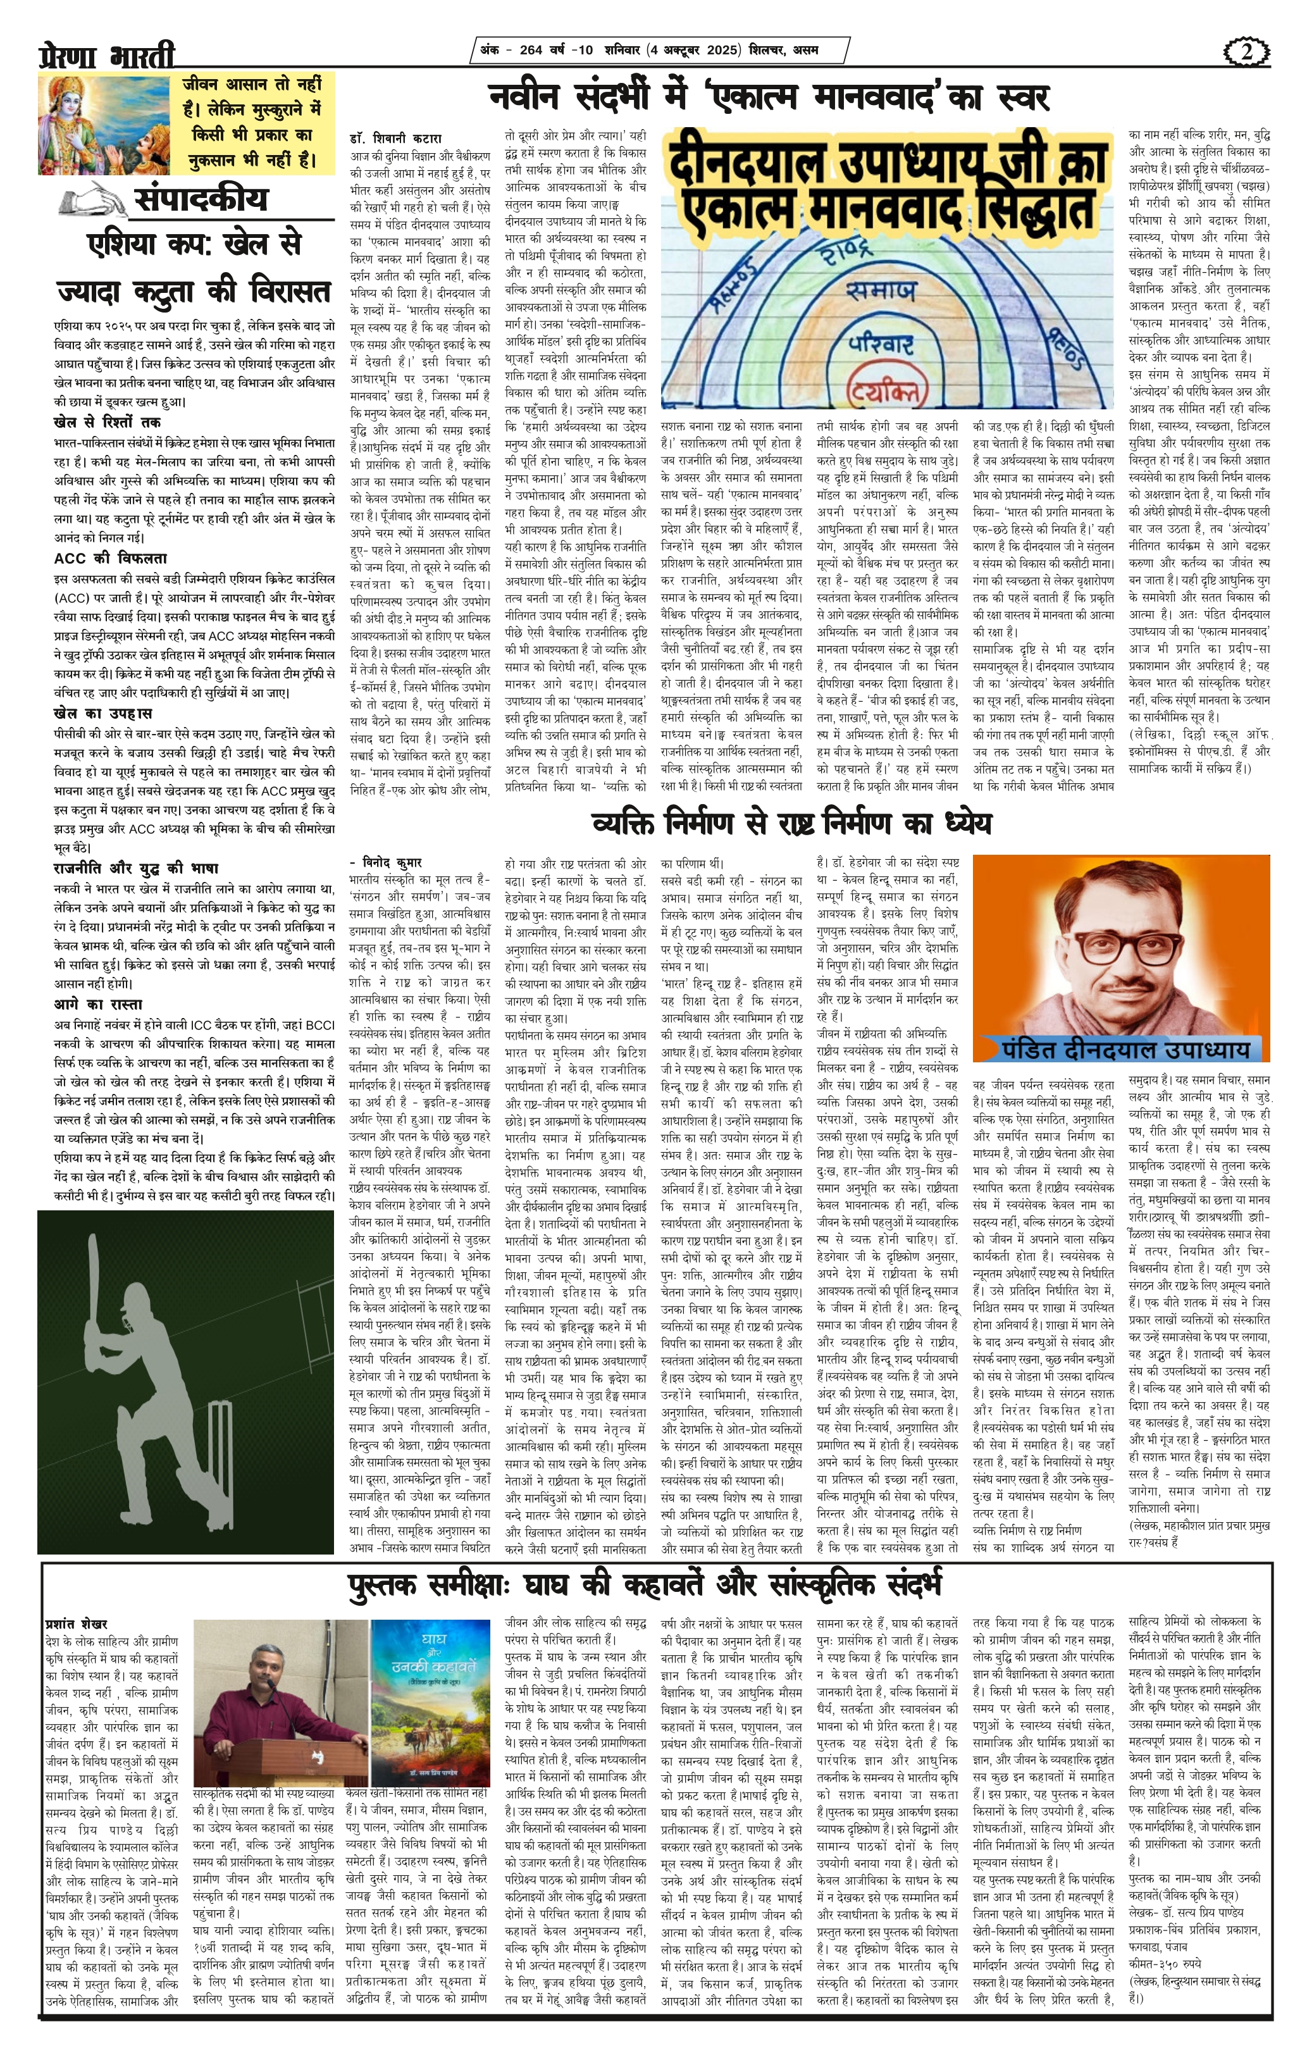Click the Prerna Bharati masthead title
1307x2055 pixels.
click(108, 56)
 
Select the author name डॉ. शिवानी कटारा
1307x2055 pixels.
click(395, 139)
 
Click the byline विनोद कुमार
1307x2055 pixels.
click(387, 863)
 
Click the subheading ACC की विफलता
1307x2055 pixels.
click(110, 559)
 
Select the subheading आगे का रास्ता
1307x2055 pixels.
click(97, 1005)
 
